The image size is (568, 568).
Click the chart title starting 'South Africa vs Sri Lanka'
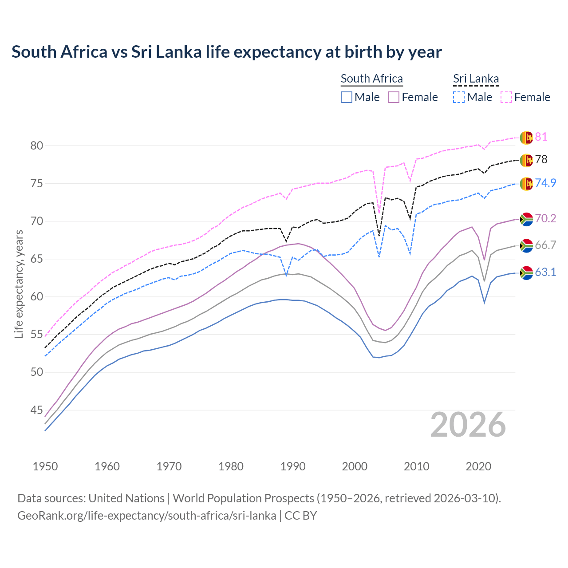pyautogui.click(x=226, y=52)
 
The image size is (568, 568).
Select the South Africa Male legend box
pyautogui.click(x=347, y=97)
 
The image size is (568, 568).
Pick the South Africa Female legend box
pyautogui.click(x=394, y=97)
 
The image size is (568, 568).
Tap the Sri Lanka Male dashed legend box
pyautogui.click(x=459, y=97)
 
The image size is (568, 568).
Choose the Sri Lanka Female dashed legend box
pyautogui.click(x=506, y=97)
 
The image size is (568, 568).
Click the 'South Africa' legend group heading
pyautogui.click(x=371, y=79)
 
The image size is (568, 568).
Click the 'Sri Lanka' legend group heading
pyautogui.click(x=476, y=79)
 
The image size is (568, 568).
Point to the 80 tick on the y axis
pyautogui.click(x=36, y=146)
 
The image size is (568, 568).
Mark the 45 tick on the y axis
pyautogui.click(x=36, y=410)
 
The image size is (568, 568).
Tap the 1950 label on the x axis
pyautogui.click(x=45, y=466)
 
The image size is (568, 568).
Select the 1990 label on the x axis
pyautogui.click(x=293, y=466)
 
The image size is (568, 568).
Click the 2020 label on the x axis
pyautogui.click(x=478, y=466)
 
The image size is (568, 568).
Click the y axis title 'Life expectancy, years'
pyautogui.click(x=19, y=284)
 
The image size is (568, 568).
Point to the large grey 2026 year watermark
pyautogui.click(x=468, y=425)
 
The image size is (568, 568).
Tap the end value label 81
pyautogui.click(x=541, y=137)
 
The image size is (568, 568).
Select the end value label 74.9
pyautogui.click(x=545, y=183)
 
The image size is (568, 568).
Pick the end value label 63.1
pyautogui.click(x=545, y=272)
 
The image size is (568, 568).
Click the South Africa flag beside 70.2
pyautogui.click(x=526, y=219)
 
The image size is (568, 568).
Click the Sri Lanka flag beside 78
pyautogui.click(x=526, y=160)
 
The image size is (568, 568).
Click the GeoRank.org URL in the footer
pyautogui.click(x=146, y=516)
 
